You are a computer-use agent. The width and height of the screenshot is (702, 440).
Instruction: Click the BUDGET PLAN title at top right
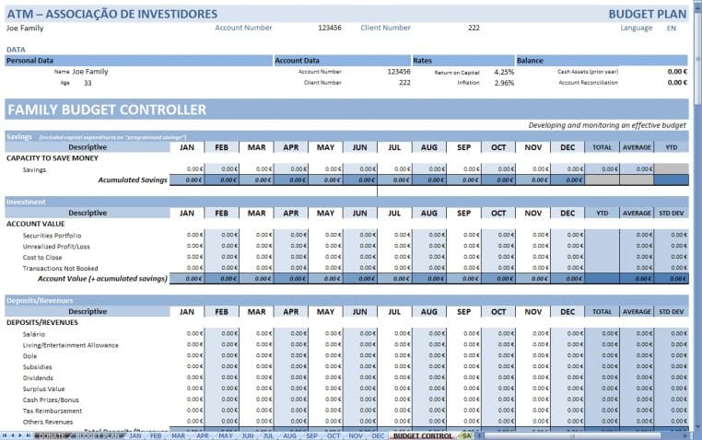coord(648,14)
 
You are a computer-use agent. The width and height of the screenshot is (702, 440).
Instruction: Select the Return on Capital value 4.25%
coord(504,72)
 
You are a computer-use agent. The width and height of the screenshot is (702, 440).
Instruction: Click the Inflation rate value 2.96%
coord(504,83)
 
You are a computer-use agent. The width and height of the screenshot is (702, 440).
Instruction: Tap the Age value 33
coord(88,83)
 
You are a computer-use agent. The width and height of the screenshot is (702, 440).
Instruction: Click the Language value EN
coord(671,29)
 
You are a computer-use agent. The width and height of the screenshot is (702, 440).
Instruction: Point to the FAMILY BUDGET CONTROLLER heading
coord(107,110)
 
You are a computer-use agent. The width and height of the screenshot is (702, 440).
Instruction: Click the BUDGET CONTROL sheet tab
coord(422,435)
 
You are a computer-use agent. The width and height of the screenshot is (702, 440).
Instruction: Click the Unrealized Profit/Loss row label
coord(56,247)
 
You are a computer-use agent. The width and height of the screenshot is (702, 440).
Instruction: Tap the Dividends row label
coord(38,378)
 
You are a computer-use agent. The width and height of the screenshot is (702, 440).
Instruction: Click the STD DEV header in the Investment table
coord(671,214)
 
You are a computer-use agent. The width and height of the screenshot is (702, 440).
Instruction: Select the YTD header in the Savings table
coord(671,147)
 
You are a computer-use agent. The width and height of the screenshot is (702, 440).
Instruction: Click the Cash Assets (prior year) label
coord(588,72)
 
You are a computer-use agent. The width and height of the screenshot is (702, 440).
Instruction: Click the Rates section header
coord(424,61)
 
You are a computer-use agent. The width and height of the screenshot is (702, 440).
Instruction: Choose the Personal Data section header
coord(30,61)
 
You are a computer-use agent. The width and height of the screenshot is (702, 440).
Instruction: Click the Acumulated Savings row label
coord(133,180)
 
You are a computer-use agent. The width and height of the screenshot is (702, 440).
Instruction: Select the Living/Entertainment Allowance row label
coord(71,345)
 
